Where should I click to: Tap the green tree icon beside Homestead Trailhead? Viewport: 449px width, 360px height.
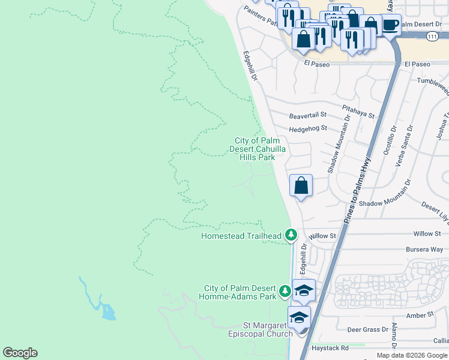point(291,234)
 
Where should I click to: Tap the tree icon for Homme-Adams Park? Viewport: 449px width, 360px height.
point(285,292)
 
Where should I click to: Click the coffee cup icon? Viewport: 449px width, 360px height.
point(390,25)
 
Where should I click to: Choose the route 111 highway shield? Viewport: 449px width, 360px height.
point(432,37)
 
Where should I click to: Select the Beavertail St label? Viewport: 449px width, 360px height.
point(307,114)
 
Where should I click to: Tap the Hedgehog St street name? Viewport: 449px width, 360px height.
point(307,128)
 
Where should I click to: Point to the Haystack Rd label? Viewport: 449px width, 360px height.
point(330,348)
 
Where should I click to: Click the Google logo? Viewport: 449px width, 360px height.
point(20,353)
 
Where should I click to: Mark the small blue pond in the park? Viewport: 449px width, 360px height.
point(108,311)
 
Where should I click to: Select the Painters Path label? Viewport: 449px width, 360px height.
point(262,17)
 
